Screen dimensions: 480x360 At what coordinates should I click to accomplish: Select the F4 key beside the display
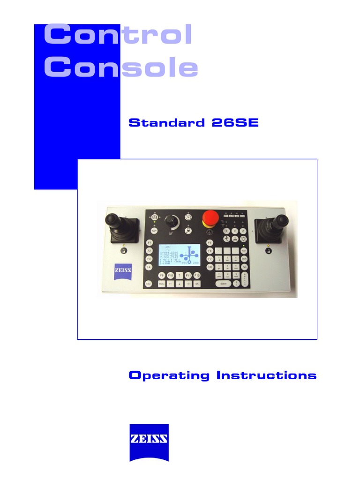coord(149,267)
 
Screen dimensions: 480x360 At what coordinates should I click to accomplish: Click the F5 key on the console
coord(210,242)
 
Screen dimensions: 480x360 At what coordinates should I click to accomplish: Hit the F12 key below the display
coord(197,275)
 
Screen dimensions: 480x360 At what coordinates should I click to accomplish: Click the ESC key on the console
coord(148,284)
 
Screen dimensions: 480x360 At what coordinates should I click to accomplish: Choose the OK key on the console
coord(197,284)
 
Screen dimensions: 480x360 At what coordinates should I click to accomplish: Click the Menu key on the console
coord(162,284)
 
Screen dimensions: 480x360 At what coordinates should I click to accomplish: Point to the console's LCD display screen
coord(180,257)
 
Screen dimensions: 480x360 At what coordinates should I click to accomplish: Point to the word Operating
coord(169,375)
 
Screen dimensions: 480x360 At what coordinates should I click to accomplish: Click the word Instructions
coord(266,375)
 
